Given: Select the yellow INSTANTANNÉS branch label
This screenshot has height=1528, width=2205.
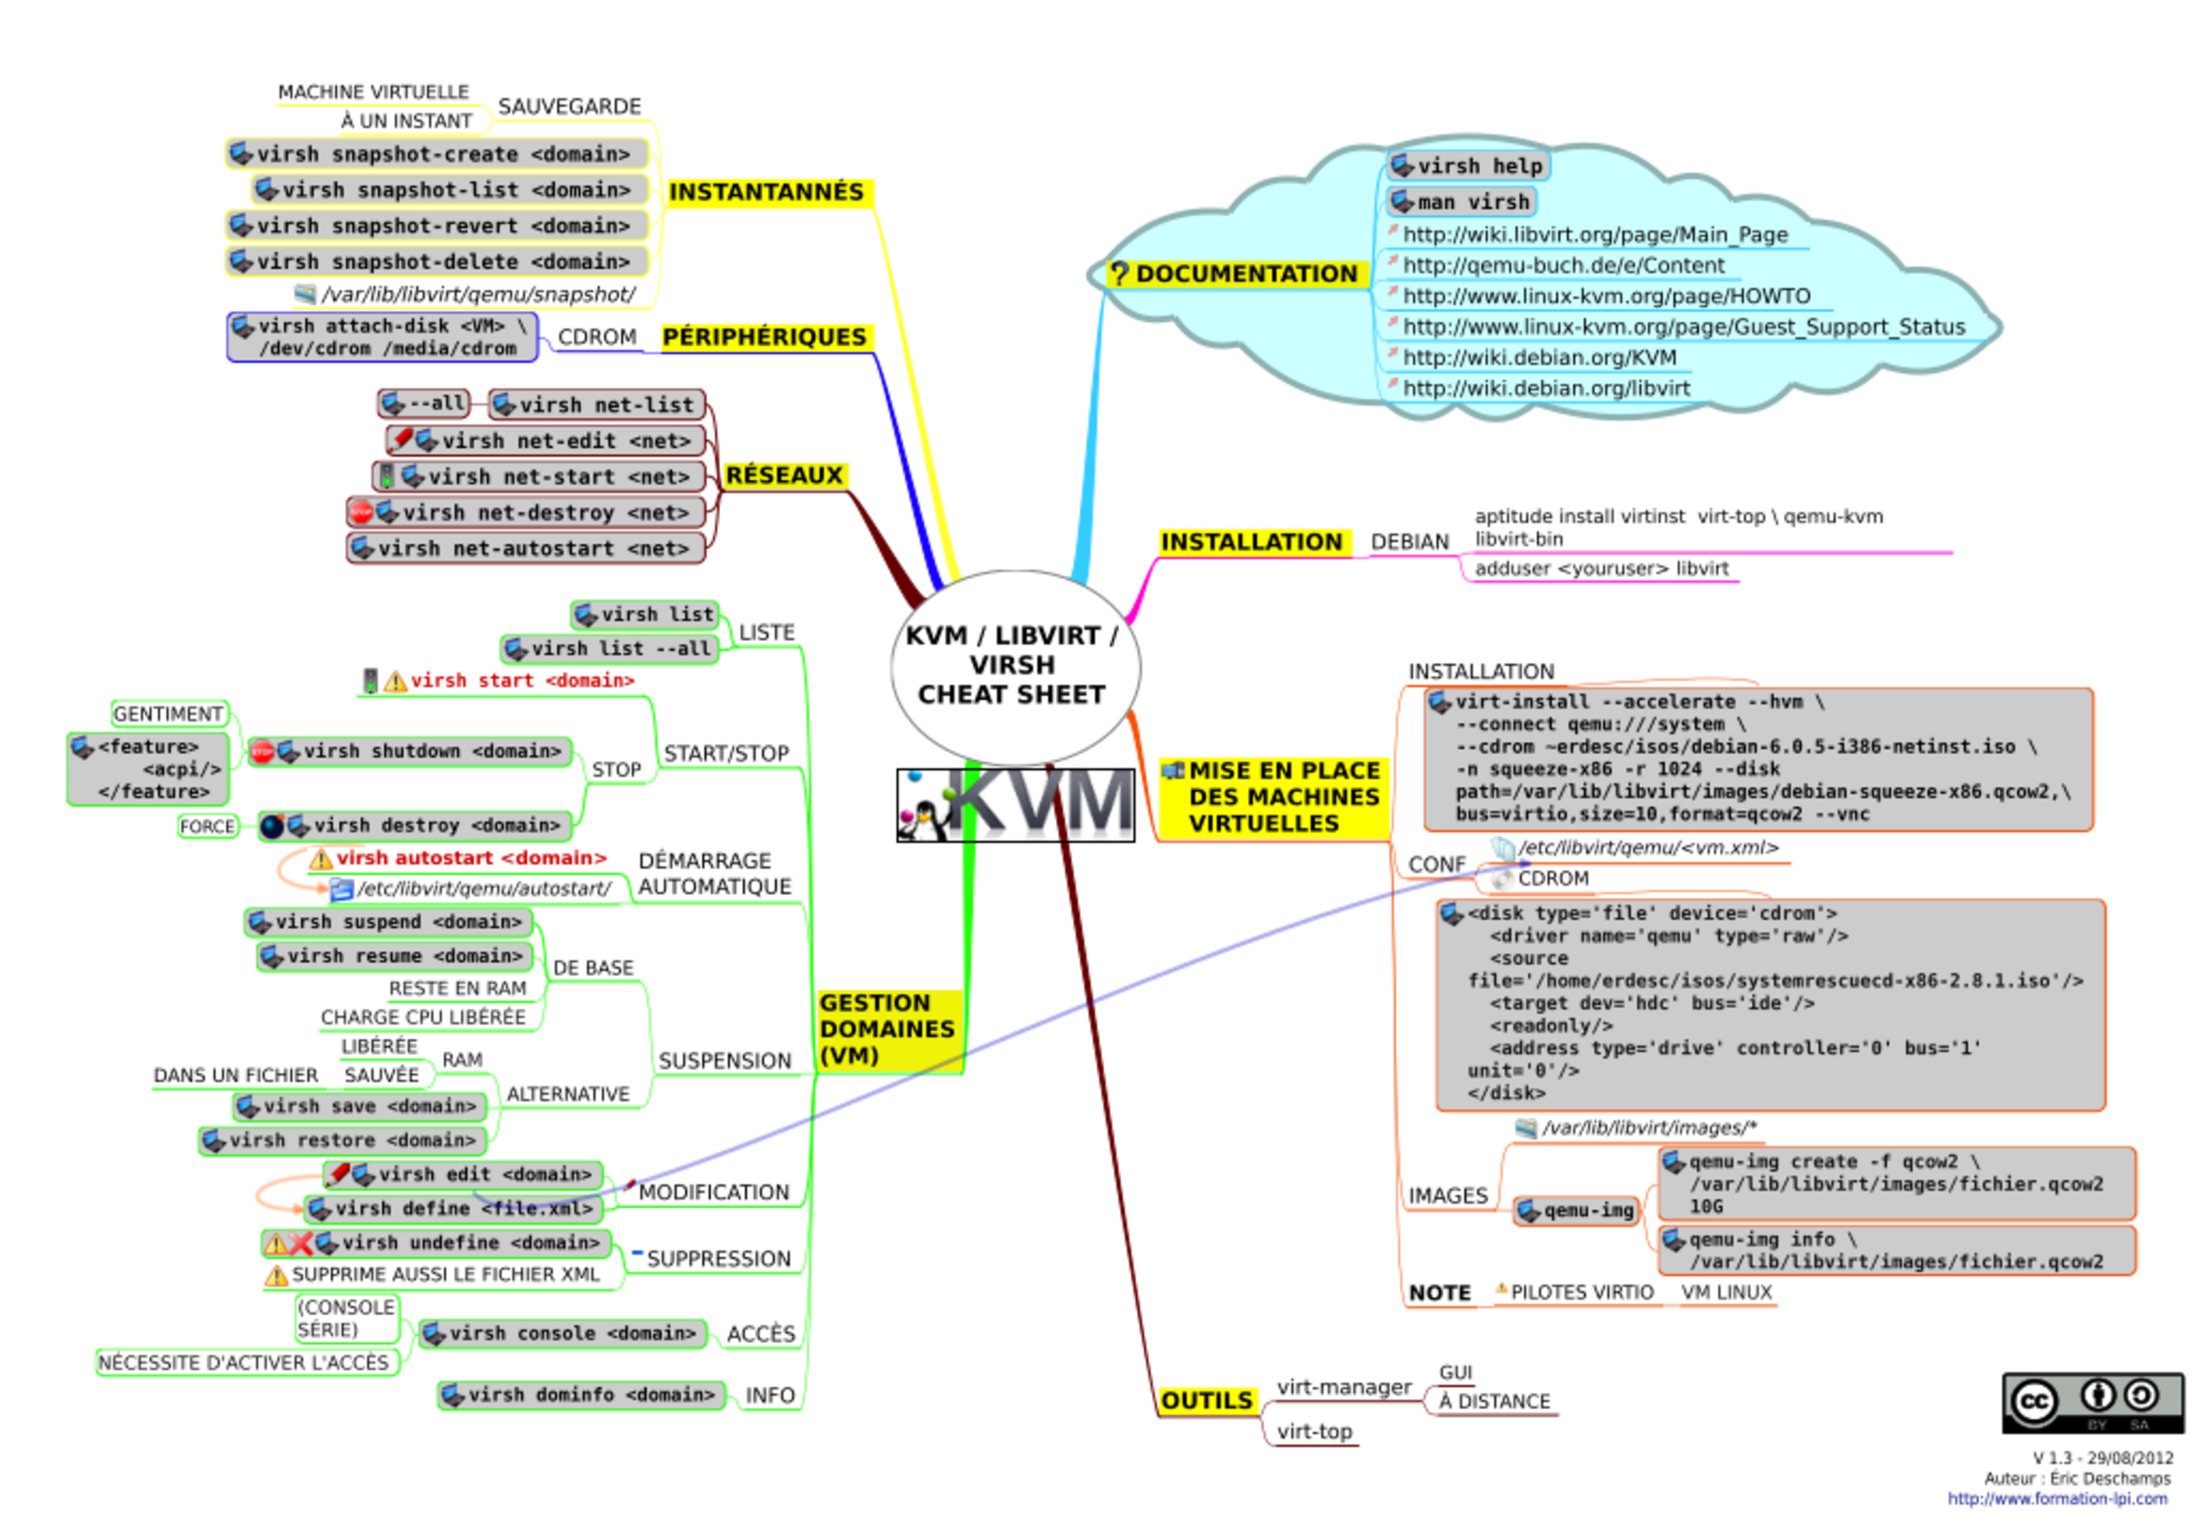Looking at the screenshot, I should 766,191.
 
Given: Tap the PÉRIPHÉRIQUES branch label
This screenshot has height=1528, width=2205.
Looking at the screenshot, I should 764,337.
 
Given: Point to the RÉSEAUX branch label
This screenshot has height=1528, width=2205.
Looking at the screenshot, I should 784,475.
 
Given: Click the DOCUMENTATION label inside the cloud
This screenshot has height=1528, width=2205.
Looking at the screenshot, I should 1245,274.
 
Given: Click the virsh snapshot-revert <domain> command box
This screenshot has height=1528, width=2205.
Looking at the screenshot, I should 438,226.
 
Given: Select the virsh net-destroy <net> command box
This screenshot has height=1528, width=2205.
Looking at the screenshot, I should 526,512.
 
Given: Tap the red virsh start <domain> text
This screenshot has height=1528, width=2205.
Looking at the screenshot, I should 522,680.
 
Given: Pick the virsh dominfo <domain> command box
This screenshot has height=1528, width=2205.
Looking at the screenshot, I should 581,1394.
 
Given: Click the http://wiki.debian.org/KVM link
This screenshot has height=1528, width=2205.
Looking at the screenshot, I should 1538,358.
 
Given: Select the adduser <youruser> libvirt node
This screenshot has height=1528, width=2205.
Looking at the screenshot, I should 1601,568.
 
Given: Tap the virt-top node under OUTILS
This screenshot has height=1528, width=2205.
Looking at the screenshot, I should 1314,1432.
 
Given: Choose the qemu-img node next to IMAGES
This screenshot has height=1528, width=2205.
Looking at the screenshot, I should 1576,1211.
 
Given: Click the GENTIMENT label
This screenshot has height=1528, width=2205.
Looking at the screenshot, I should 169,714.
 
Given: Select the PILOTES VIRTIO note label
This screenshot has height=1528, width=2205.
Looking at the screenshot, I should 1580,1293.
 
